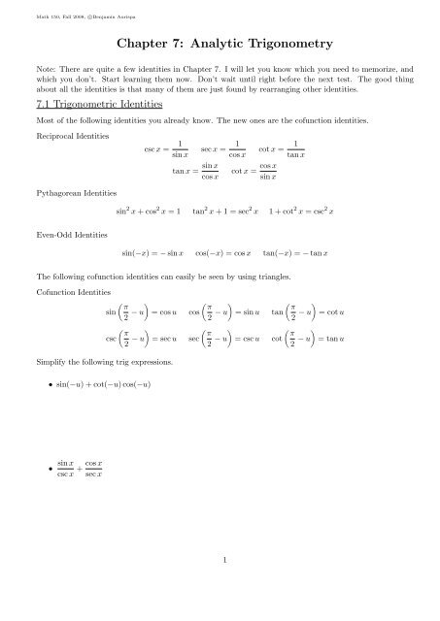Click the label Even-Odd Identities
click(x=60, y=236)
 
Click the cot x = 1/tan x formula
click(x=282, y=151)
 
